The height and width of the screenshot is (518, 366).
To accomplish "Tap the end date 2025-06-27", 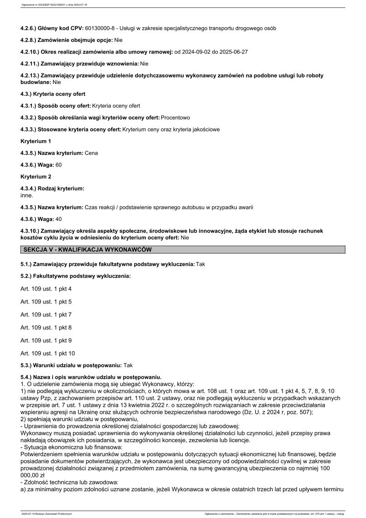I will pos(234,52).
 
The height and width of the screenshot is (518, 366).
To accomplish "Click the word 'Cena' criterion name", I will pos(91,153).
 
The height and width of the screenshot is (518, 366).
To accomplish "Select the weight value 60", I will pos(59,165).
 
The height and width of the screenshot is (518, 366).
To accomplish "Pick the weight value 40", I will pos(59,219).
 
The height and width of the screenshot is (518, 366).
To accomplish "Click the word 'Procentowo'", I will pos(175,118).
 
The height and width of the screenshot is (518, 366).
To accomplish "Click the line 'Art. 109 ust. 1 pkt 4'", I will pos(46,289).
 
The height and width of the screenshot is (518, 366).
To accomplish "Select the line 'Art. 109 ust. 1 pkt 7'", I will pos(46,315).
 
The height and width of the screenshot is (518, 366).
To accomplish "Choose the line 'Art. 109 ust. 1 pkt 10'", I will pos(48,353).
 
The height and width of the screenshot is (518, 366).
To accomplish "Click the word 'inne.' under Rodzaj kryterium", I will pos(27,195).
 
